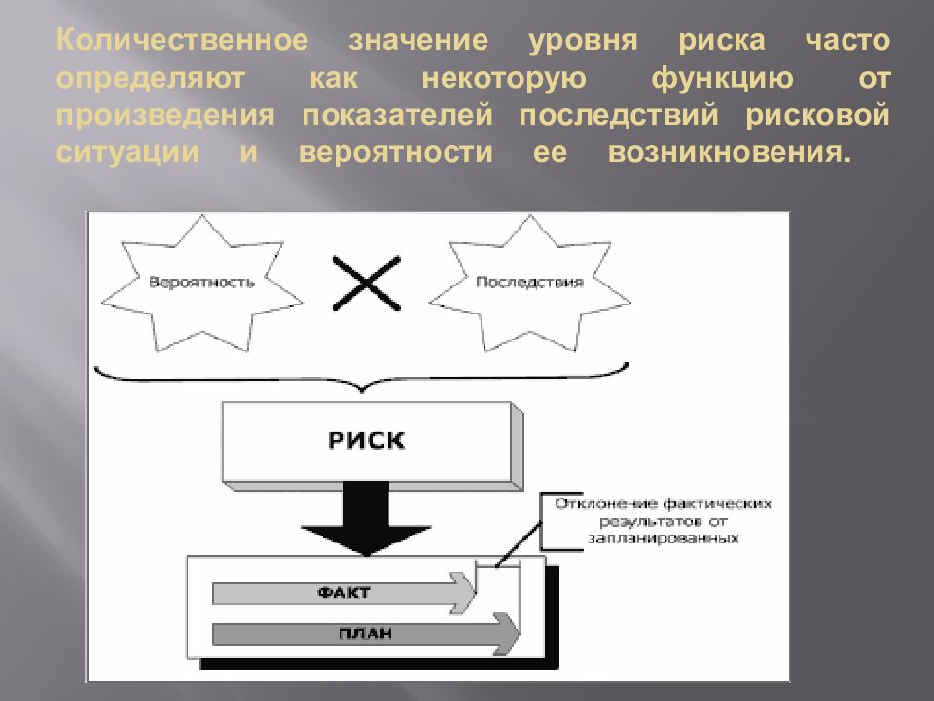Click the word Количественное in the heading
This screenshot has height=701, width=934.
point(182,40)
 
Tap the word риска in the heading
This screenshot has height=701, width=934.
point(722,42)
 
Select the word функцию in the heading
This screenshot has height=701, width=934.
point(723,79)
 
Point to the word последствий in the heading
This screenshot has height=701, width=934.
point(619,115)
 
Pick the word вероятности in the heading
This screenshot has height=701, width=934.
point(396,153)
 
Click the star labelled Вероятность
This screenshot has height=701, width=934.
point(202,282)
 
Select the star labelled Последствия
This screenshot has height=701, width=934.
point(529,282)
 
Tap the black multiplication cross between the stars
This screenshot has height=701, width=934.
point(367,283)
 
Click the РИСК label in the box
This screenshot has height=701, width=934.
point(367,440)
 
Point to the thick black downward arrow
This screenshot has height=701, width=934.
point(367,518)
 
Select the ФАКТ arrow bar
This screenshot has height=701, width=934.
point(344,593)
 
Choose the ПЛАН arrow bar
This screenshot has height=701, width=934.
point(366,633)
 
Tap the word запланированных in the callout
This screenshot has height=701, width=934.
point(663,538)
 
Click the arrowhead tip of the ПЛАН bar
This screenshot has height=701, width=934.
point(520,633)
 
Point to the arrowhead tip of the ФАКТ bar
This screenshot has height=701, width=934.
point(476,593)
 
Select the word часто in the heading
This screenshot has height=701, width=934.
point(847,41)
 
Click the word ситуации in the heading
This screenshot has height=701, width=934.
point(127,153)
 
